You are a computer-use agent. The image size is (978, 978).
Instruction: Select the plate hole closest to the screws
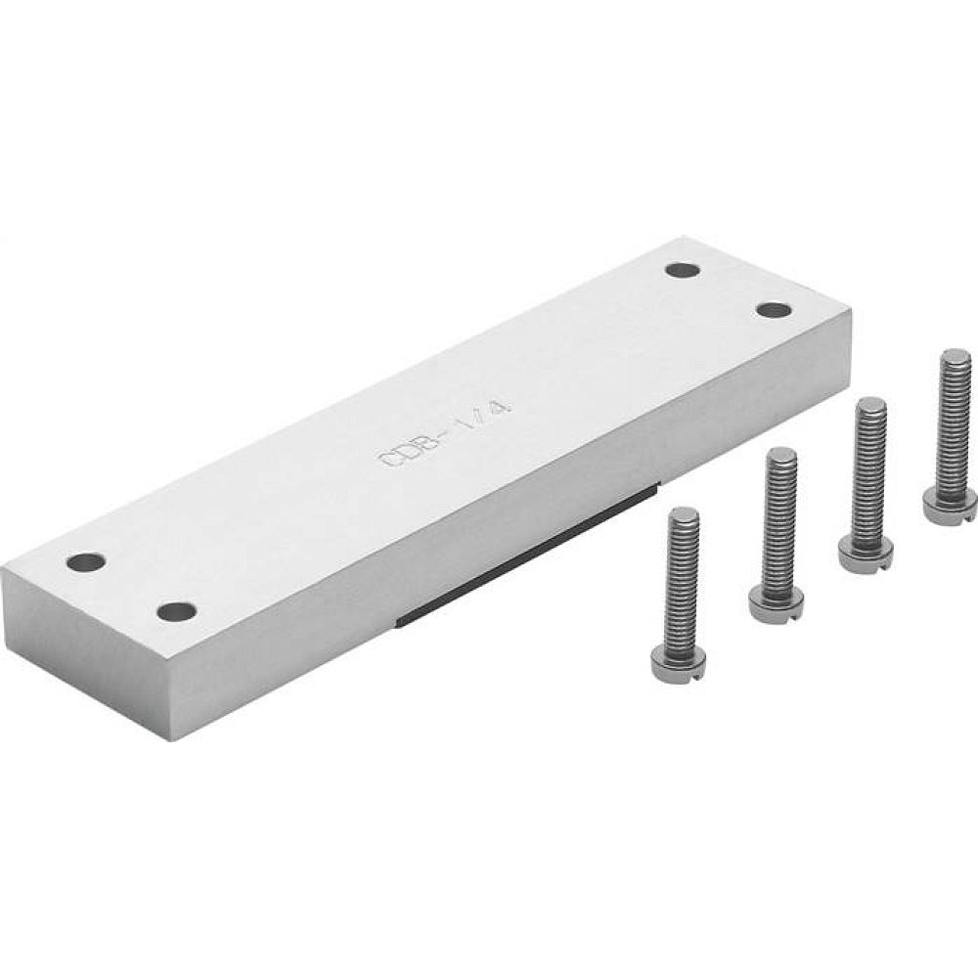774,309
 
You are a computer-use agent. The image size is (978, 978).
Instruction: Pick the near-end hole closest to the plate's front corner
176,612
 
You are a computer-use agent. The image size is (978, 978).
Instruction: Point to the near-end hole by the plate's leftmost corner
86,562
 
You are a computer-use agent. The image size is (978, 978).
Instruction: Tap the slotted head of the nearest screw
679,664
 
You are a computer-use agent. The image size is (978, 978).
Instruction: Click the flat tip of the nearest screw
683,514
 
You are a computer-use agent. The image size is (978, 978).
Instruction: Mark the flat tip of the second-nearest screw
781,454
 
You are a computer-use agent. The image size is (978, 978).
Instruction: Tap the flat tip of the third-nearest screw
870,404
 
